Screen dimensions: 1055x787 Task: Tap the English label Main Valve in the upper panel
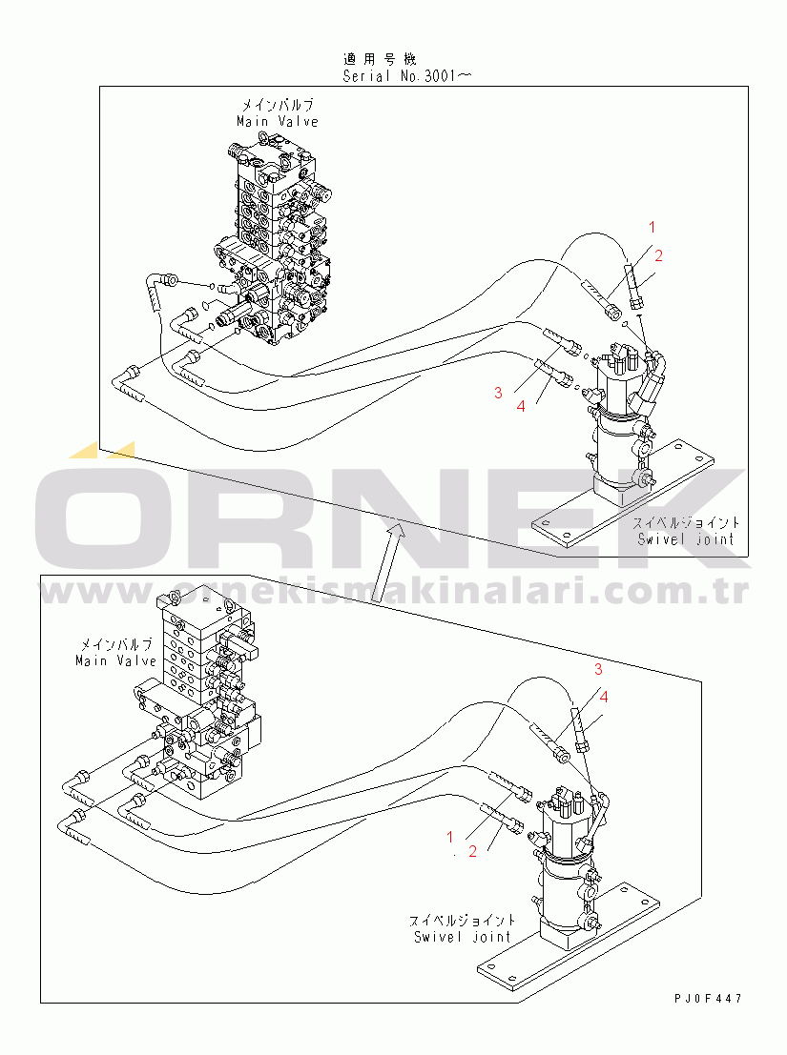277,121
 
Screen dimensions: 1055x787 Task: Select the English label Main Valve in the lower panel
115,660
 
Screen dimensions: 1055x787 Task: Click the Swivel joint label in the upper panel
687,538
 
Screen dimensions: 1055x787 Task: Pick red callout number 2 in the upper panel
657,254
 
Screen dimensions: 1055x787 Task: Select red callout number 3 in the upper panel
498,393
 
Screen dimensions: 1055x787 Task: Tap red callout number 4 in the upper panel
520,406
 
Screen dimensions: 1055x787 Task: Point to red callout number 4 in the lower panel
603,697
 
